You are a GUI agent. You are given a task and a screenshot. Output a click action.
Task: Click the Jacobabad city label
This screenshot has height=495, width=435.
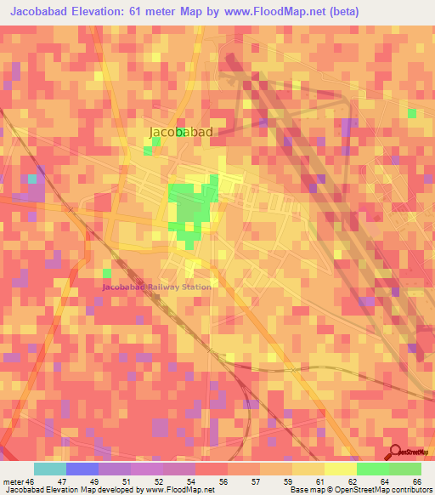click(x=180, y=132)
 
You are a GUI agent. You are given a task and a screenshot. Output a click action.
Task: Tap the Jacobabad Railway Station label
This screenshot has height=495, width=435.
click(x=156, y=287)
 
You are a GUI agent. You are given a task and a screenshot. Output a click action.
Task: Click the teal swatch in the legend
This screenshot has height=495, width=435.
click(x=50, y=469)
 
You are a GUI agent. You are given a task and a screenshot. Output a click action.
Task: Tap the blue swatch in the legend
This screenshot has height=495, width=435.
click(x=82, y=469)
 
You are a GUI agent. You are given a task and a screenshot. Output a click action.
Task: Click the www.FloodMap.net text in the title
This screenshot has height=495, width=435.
click(x=273, y=11)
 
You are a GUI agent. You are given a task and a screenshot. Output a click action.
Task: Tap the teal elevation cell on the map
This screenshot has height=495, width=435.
click(x=33, y=179)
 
